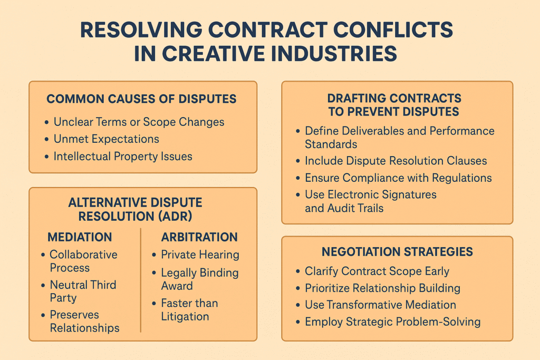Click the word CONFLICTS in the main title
point(393,30)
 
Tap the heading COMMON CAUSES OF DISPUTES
point(141,99)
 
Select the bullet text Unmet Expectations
point(107,139)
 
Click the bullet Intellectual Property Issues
point(123,156)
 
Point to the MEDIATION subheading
point(80,237)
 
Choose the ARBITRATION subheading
point(199,237)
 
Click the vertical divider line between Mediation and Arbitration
point(140,280)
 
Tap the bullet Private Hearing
point(200,255)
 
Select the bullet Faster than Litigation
point(190,310)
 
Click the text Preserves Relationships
point(85,321)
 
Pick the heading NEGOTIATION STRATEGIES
point(398,251)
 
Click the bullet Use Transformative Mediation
point(381,305)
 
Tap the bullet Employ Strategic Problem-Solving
point(393,322)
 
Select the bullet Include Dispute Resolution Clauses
point(396,161)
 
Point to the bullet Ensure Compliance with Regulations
point(399,178)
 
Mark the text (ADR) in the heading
point(175,217)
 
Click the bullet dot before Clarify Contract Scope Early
point(298,271)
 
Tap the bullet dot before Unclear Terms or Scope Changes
point(46,122)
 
